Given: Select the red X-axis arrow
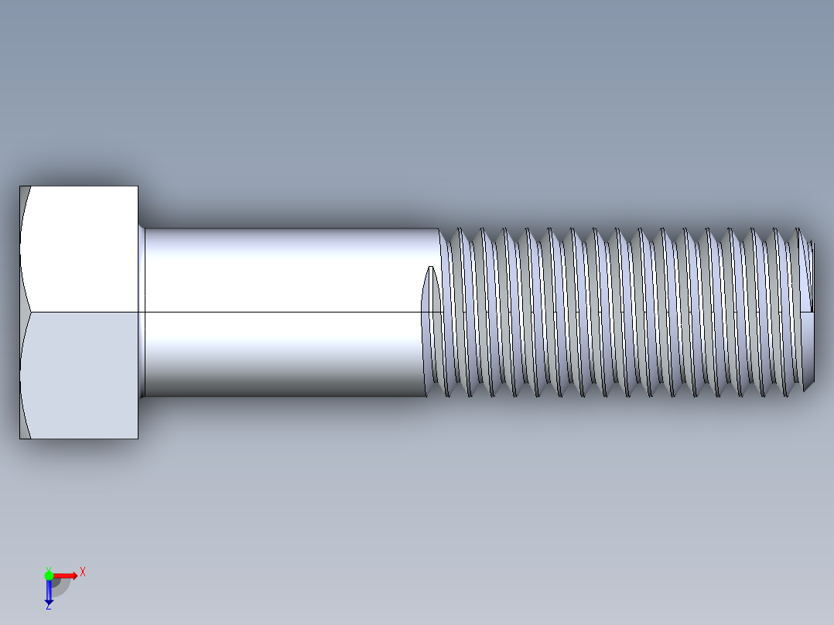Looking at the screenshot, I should (x=65, y=575).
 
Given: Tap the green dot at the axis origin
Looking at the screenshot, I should (x=49, y=575).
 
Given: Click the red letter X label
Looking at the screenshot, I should (x=83, y=572).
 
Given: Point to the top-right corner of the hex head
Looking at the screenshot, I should (x=137, y=187).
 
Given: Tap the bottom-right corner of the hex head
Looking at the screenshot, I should (x=137, y=437).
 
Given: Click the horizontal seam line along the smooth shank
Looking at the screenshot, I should (x=286, y=312).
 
